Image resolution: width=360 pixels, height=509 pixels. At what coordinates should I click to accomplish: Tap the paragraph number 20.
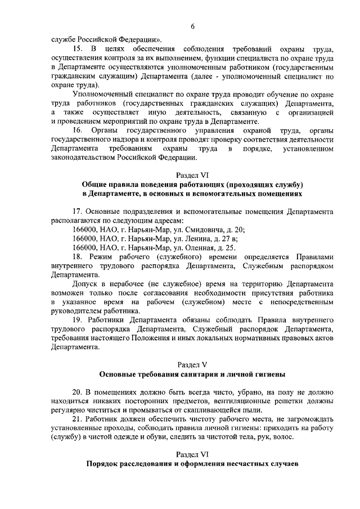(x=78, y=391)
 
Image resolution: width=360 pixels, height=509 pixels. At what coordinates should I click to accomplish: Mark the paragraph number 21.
(x=78, y=419)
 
